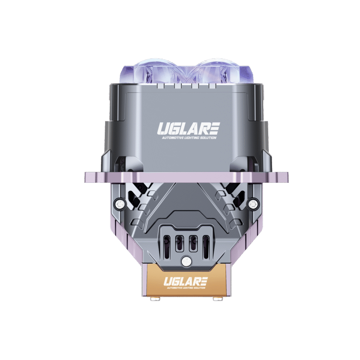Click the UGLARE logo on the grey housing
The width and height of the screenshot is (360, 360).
click(x=188, y=129)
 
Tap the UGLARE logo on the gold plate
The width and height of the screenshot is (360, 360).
click(x=186, y=281)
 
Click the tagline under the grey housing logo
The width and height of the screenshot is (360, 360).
click(x=188, y=138)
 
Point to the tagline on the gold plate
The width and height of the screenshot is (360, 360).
click(x=186, y=288)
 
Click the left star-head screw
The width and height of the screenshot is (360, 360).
click(x=118, y=203)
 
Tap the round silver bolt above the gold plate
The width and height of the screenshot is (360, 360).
click(x=186, y=261)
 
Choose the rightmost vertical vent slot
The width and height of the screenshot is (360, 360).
click(x=206, y=243)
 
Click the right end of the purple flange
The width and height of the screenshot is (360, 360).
click(x=285, y=177)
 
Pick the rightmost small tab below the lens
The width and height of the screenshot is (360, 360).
click(x=212, y=85)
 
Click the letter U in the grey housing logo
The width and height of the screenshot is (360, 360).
click(x=162, y=129)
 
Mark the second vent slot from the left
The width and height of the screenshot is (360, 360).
click(x=179, y=243)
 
